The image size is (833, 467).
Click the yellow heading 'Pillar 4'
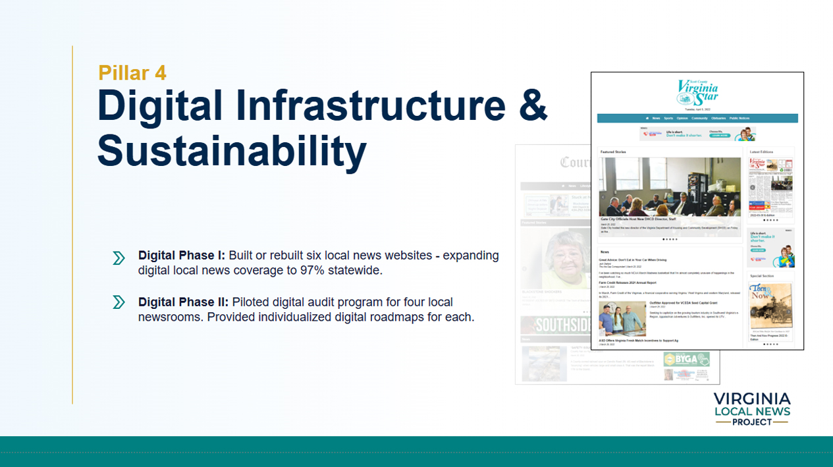(132, 72)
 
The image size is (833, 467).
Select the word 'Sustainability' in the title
(232, 151)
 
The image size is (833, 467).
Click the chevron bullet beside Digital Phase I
(119, 258)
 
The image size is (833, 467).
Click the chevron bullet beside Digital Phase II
(119, 302)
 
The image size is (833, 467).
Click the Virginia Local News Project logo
(751, 408)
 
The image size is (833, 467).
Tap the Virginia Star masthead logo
(697, 92)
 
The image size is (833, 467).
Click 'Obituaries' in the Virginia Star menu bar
(718, 119)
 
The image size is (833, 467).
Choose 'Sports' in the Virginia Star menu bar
(668, 119)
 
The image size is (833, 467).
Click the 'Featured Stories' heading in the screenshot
(613, 152)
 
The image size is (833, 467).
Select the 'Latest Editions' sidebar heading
(762, 152)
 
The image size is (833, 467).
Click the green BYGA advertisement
(685, 360)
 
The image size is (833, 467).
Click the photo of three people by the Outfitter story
(622, 319)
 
